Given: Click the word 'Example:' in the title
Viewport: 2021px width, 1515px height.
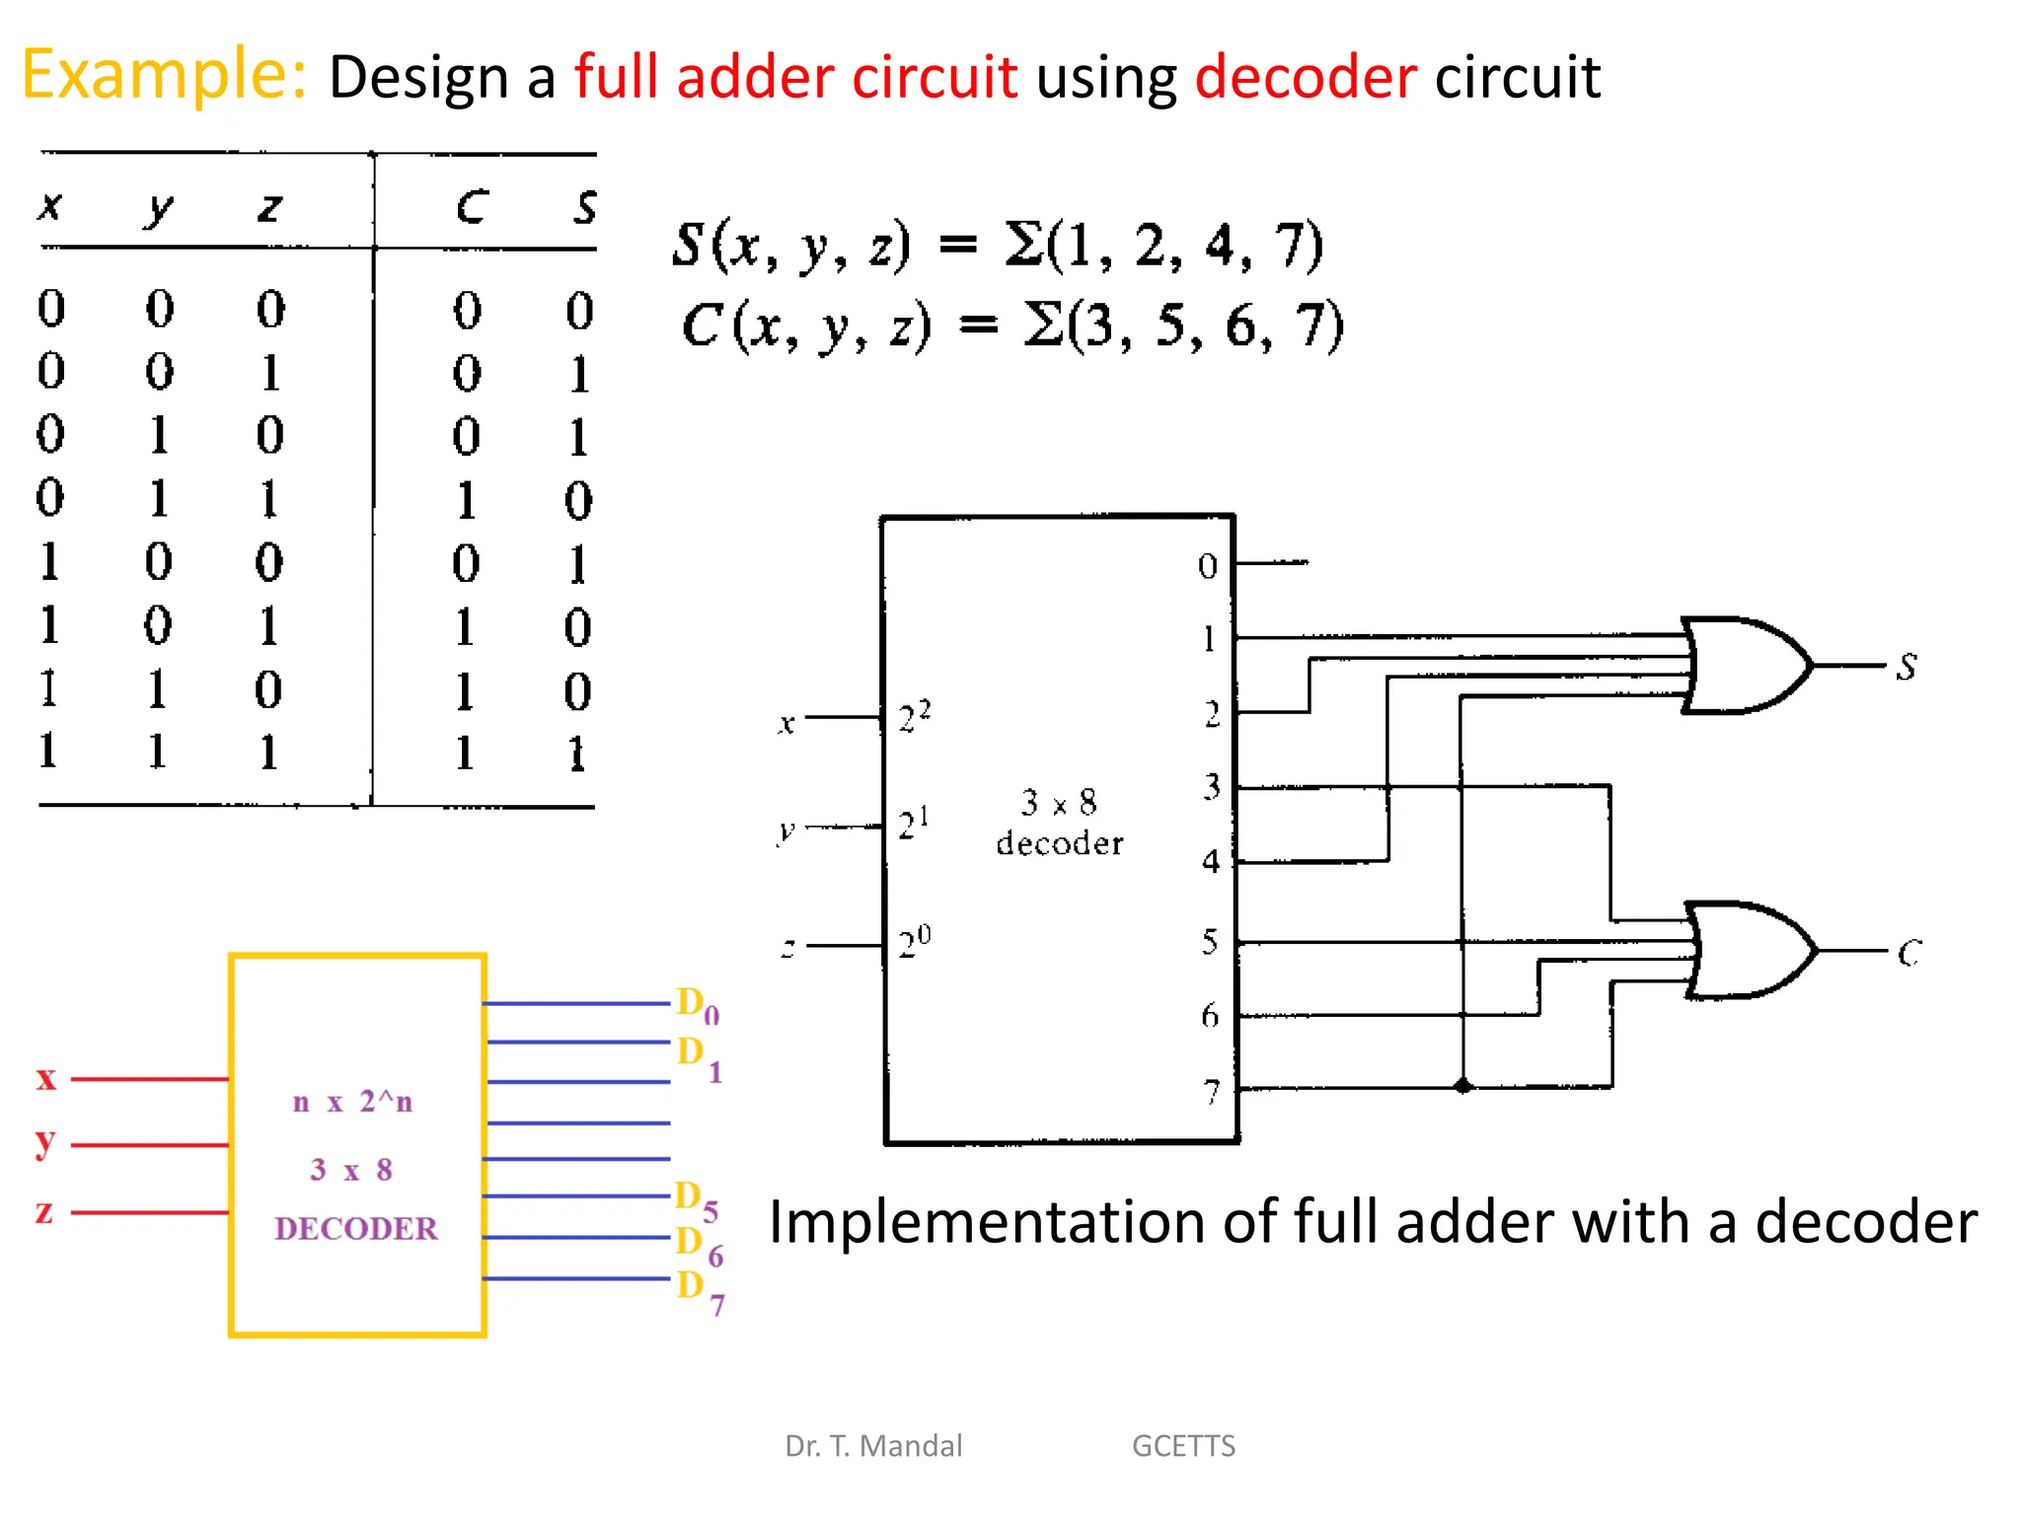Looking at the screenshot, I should [164, 75].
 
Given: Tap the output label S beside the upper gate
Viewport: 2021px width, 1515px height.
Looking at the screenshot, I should [1907, 667].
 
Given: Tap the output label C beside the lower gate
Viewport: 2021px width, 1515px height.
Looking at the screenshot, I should [1909, 953].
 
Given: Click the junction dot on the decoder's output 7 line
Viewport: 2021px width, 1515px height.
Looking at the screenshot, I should [1463, 1086].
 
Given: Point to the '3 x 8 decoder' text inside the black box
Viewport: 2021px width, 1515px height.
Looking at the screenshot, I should [1059, 822].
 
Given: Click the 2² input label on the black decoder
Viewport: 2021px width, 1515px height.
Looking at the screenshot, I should [914, 716].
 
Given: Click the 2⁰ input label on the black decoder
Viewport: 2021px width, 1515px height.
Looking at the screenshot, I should [914, 943].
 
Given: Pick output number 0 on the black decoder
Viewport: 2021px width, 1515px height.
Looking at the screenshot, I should [1208, 566].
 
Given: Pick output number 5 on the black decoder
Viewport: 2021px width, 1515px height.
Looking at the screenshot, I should [1210, 942].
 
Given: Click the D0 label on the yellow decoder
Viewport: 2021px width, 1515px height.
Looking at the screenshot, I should [697, 1005].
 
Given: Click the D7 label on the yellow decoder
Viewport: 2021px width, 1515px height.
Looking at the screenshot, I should [700, 1290].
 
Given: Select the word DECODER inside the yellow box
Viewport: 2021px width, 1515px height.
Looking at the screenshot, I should [355, 1228].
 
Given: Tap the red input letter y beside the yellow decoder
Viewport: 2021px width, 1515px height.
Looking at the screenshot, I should [44, 1142].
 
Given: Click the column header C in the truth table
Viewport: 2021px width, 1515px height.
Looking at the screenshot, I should [472, 207].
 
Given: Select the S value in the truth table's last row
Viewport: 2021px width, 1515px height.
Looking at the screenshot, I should [578, 754].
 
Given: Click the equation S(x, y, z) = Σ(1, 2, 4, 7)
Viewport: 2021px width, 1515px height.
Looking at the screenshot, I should [997, 245].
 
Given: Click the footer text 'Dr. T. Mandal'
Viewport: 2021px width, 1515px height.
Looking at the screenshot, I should [872, 1445].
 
